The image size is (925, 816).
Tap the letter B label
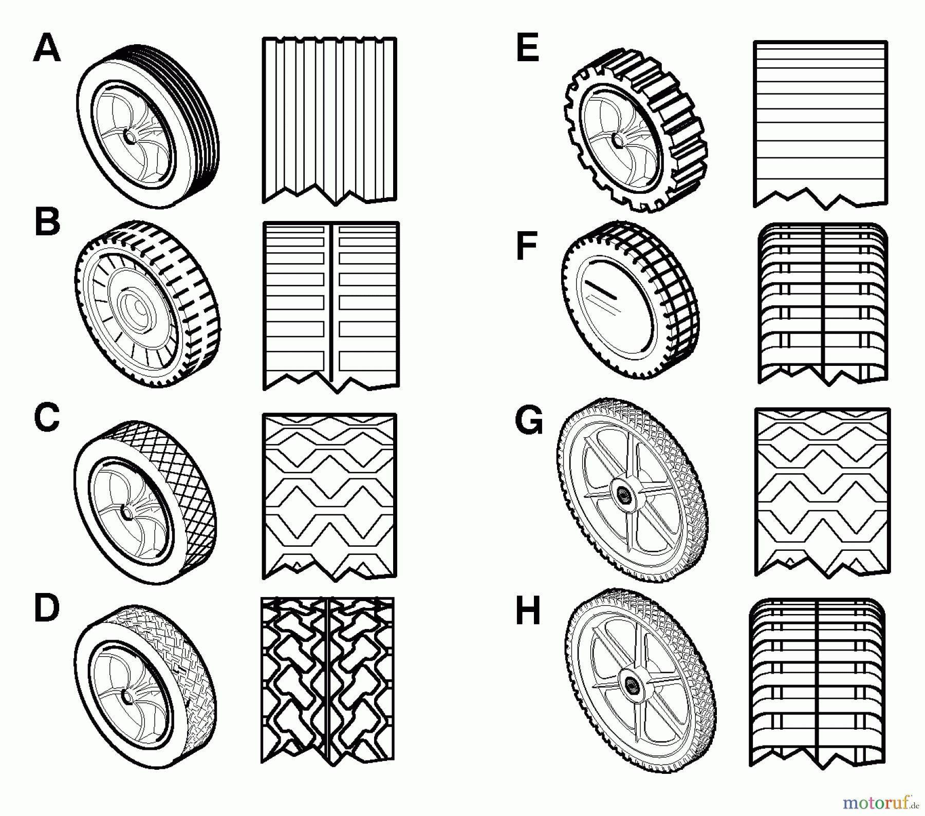47,222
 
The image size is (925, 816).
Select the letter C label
47,417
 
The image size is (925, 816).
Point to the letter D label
47,608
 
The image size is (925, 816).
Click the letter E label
528,49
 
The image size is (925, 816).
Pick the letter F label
527,246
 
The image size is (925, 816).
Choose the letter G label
529,420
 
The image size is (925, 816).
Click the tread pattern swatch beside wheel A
329,121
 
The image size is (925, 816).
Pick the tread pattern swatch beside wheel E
821,125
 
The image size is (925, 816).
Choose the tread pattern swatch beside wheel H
817,683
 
